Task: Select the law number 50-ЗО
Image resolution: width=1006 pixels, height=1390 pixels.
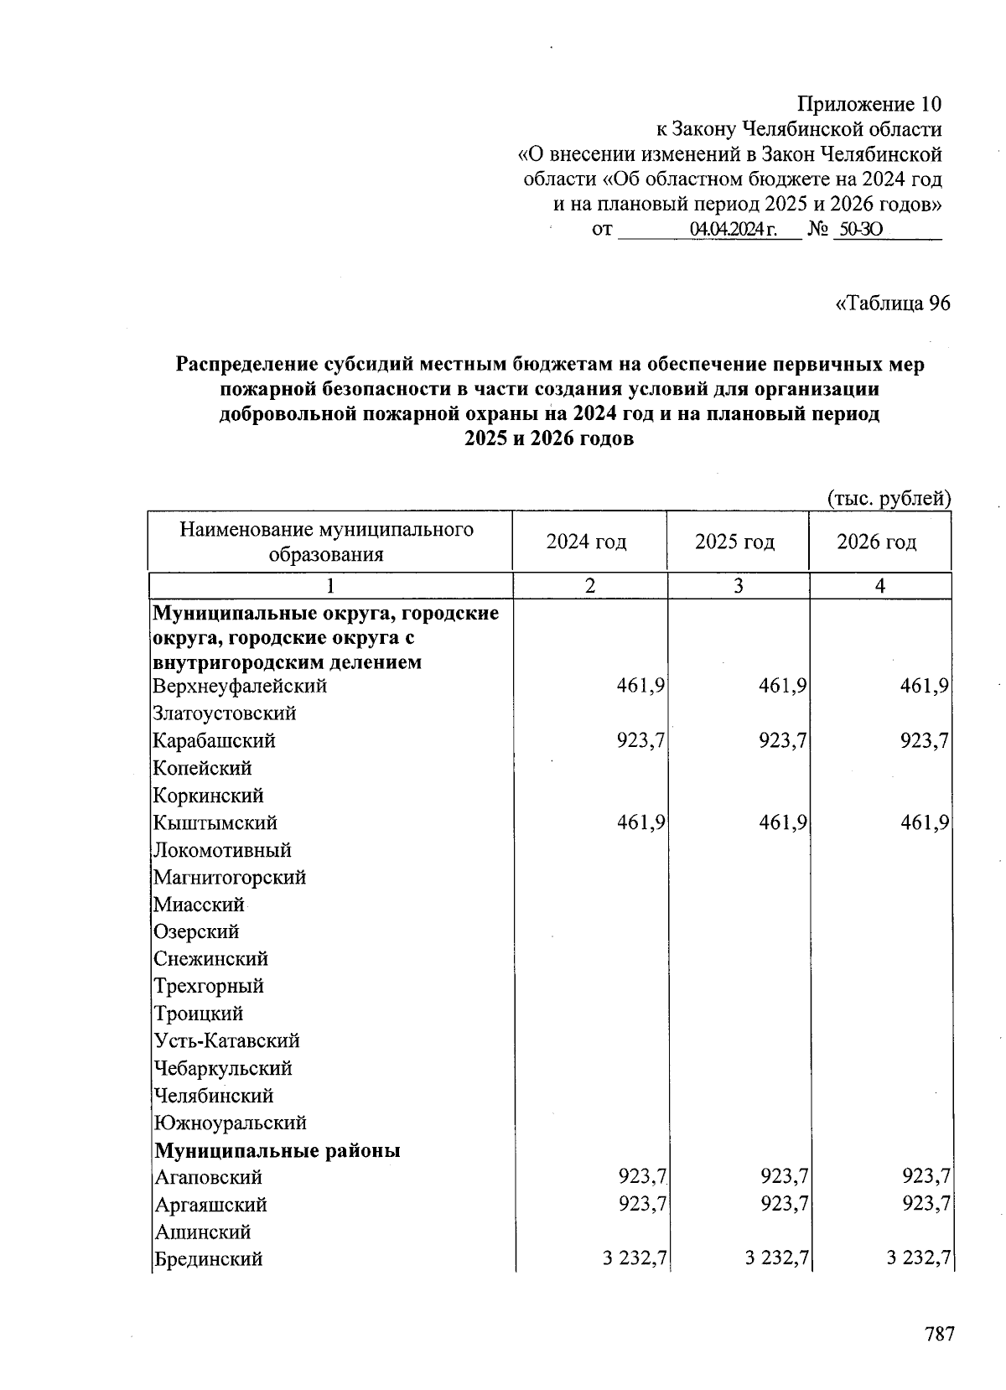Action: pyautogui.click(x=859, y=229)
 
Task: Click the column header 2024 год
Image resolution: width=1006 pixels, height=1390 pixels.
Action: pyautogui.click(x=587, y=542)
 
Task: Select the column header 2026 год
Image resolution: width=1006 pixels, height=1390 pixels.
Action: pyautogui.click(x=877, y=542)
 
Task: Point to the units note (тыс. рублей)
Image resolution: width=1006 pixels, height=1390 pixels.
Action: pyautogui.click(x=889, y=499)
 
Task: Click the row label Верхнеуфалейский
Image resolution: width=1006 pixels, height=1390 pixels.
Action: pyautogui.click(x=240, y=686)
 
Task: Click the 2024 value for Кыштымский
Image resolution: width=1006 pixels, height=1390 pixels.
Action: pyautogui.click(x=641, y=822)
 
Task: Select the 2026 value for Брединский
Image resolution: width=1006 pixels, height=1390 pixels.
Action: pyautogui.click(x=918, y=1258)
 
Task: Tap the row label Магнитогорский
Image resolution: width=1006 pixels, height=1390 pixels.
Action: pyautogui.click(x=230, y=877)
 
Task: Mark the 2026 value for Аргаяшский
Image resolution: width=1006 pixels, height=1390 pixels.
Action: pyautogui.click(x=926, y=1204)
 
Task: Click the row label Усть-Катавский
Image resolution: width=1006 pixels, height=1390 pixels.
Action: pyautogui.click(x=226, y=1040)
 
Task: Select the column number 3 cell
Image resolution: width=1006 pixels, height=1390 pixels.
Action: pyautogui.click(x=738, y=586)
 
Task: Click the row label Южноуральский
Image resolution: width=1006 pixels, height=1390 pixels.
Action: pyautogui.click(x=231, y=1123)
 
